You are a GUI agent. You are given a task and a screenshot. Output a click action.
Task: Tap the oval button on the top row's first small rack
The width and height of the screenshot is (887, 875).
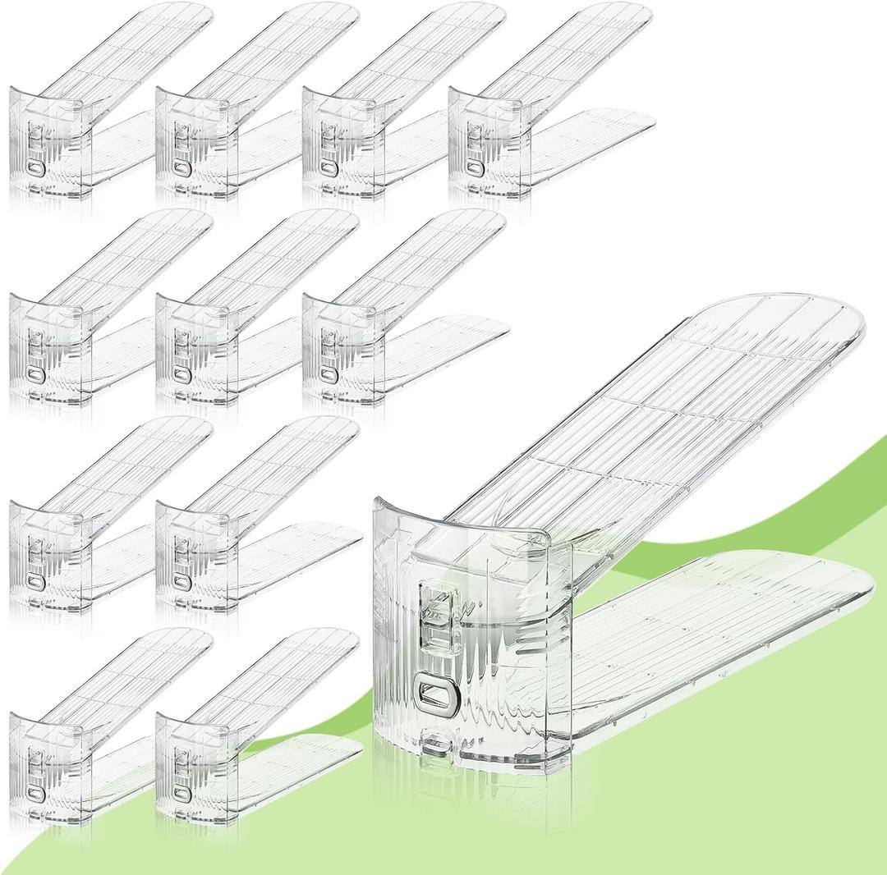(x=34, y=169)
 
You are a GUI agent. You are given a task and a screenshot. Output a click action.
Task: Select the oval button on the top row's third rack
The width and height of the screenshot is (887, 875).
(x=328, y=169)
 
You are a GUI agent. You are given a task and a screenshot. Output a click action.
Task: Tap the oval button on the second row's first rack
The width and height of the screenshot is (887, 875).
(x=34, y=374)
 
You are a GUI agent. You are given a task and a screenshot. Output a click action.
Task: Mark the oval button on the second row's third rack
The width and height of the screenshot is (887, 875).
(x=328, y=374)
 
